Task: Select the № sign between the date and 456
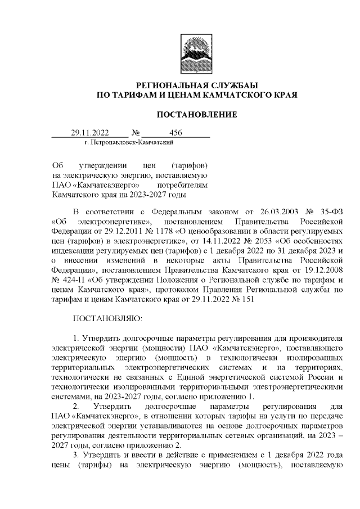[135, 133]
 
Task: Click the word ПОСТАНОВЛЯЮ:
[108, 318]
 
